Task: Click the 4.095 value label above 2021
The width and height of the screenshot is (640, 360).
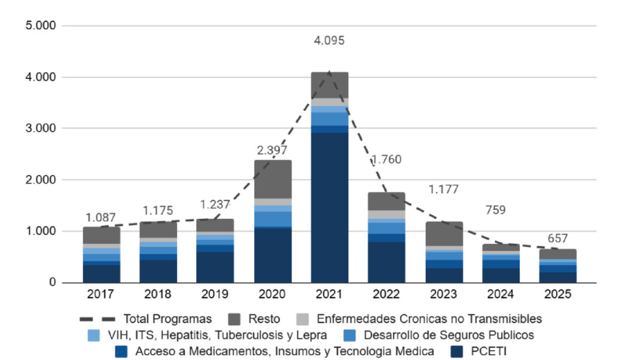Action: point(329,41)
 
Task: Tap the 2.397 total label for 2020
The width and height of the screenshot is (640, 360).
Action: point(272,150)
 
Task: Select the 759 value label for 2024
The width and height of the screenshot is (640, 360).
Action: point(495,210)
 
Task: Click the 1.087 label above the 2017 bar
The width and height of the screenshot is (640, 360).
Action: point(100,218)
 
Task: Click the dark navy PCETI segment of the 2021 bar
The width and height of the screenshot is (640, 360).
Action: point(330,206)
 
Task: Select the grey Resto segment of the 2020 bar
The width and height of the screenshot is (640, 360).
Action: point(273,179)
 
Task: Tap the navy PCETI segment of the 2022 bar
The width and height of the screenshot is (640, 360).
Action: point(386,261)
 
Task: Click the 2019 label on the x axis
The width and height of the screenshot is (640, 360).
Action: point(215,295)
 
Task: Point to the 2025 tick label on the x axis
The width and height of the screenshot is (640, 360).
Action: point(557,295)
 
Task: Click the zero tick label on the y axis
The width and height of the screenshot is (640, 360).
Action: point(52,282)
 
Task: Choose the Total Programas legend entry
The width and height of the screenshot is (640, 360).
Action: point(167,319)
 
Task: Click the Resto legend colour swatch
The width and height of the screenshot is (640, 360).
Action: point(235,319)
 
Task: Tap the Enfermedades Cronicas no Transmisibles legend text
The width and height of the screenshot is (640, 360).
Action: point(429,319)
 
